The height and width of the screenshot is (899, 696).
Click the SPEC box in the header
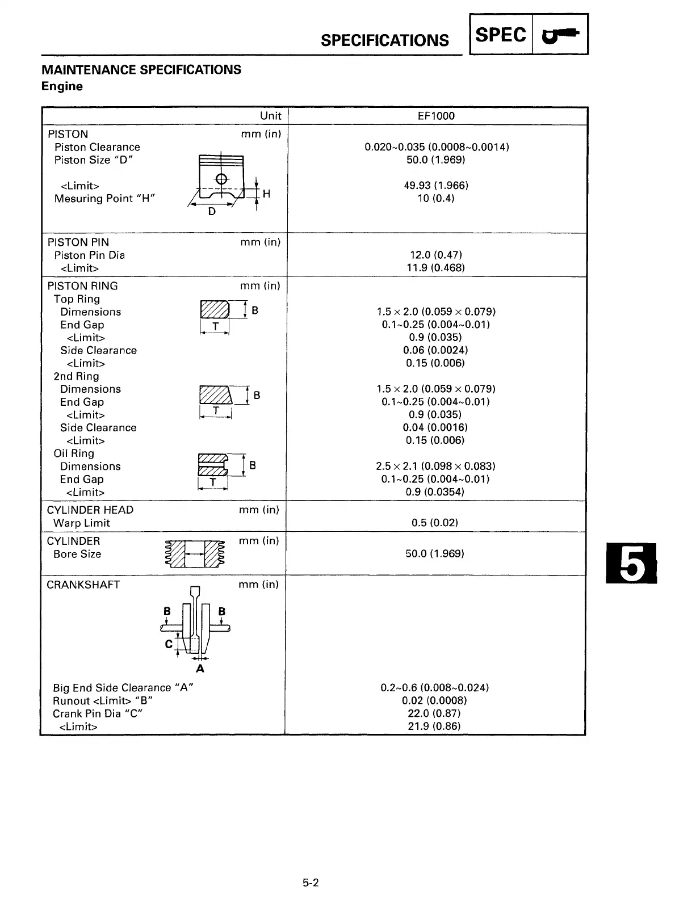coord(501,35)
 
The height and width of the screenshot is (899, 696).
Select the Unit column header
coord(270,116)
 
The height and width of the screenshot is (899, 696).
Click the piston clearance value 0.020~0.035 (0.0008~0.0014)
coord(436,147)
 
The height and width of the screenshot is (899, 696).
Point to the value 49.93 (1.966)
coord(436,186)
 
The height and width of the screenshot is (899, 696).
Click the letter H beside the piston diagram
coord(266,194)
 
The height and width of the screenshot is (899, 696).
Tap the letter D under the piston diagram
coord(212,212)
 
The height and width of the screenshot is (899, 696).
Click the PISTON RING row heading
coord(83,286)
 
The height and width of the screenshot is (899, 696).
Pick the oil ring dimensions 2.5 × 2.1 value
coord(435,466)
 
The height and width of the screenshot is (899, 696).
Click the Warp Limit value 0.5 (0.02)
coord(435,522)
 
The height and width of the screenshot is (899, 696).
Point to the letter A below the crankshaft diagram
coord(200,669)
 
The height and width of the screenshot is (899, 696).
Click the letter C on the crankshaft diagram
coord(169,644)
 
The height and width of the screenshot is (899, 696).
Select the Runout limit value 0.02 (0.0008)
coord(434,700)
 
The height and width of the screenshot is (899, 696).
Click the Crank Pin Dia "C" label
coord(97,713)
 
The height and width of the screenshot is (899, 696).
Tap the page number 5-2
coord(311,883)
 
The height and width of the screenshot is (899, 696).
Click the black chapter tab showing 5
coord(631,563)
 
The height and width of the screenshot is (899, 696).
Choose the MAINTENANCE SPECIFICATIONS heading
coord(141,70)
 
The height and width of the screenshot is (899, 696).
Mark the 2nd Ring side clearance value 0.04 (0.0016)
coord(435,427)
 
